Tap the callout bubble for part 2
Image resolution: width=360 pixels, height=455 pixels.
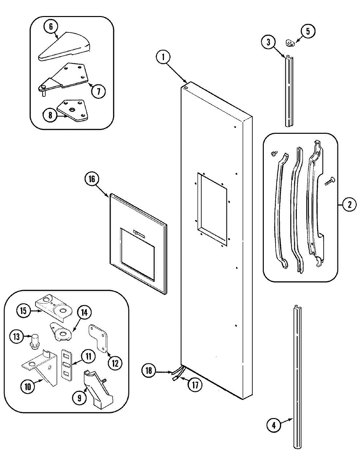349,205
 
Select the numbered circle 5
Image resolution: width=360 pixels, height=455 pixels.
307,31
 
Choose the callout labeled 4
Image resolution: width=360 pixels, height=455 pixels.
274,426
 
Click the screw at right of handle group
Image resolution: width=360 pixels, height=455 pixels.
329,181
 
